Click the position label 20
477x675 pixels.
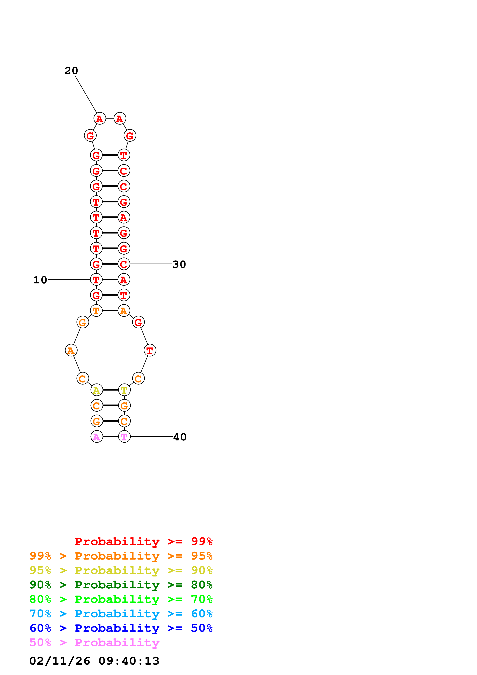71,71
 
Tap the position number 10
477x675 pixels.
40,280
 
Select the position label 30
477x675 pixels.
179,264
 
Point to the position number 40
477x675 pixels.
180,437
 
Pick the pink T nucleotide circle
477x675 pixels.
124,437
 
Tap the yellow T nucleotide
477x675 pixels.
124,390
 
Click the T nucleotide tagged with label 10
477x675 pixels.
96,280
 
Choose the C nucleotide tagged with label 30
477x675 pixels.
124,264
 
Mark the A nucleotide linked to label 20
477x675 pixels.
100,119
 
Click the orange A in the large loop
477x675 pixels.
71,350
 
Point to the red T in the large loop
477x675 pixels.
150,350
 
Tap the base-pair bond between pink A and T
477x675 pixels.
110,437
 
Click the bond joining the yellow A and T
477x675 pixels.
110,390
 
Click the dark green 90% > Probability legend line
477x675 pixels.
121,585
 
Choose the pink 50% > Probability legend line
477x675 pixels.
94,643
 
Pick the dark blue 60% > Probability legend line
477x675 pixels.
121,628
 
